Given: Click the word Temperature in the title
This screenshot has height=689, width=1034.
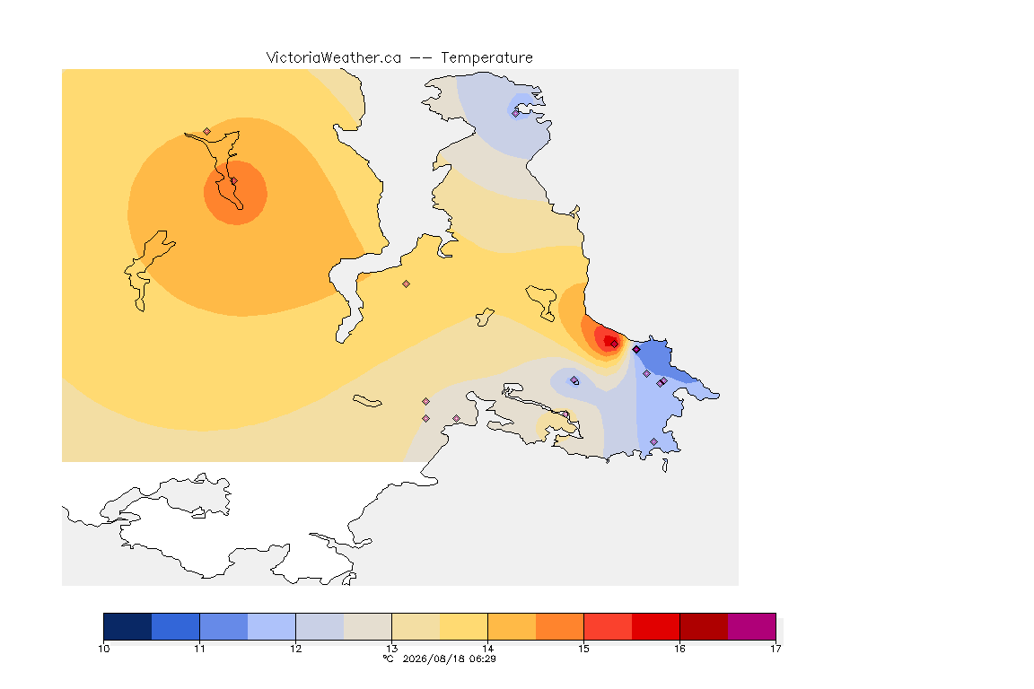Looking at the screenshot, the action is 486,58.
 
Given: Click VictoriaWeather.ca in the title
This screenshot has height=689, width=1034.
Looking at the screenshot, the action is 334,58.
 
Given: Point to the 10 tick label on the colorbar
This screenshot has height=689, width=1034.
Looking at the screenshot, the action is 103,649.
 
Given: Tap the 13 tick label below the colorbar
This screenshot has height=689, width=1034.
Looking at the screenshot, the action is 391,649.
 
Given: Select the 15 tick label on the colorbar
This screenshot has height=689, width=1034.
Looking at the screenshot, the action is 583,649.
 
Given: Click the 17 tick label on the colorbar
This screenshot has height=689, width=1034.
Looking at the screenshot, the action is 775,649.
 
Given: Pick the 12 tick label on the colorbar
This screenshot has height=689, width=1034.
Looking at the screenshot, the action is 295,649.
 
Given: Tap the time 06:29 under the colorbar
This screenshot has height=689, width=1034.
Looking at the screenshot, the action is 483,658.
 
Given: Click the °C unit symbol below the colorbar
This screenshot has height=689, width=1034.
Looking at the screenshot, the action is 389,658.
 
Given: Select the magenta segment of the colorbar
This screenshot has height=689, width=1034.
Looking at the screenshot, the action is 752,626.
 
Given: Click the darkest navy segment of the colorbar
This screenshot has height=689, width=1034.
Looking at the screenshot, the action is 128,626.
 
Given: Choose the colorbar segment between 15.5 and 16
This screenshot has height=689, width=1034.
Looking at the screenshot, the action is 655,626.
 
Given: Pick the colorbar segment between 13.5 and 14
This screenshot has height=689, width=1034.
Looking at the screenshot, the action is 463,626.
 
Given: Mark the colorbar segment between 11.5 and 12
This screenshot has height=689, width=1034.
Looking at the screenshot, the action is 272,626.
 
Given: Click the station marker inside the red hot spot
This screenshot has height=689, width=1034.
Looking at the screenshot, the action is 615,344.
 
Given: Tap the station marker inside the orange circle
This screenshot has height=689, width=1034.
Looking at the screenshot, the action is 233,180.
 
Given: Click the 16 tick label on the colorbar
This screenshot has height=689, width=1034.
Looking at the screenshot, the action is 679,649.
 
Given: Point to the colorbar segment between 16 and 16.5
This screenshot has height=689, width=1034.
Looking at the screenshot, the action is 704,626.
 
